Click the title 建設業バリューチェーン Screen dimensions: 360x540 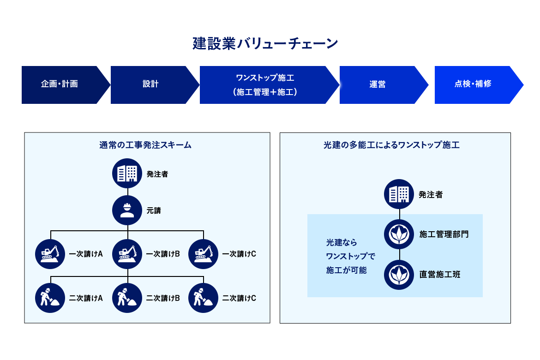click(265, 44)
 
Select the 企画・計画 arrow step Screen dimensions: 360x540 click(60, 84)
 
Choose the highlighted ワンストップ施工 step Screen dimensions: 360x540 click(265, 85)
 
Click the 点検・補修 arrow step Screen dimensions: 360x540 click(473, 84)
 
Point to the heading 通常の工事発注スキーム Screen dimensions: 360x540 click(145, 145)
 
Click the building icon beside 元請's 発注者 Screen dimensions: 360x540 click(127, 174)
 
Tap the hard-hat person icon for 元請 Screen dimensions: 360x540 click(127, 210)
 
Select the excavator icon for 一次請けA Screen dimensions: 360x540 click(50, 254)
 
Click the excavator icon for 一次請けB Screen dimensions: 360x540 click(127, 254)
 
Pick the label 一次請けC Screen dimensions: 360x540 click(239, 254)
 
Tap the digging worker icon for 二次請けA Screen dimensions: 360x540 click(50, 298)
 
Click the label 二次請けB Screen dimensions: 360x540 click(163, 298)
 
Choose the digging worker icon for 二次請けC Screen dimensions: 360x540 click(203, 298)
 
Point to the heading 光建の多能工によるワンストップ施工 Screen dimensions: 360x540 click(391, 145)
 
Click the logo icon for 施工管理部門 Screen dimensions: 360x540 click(399, 234)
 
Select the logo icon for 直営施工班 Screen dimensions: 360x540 click(399, 275)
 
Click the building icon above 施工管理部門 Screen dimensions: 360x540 click(399, 194)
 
